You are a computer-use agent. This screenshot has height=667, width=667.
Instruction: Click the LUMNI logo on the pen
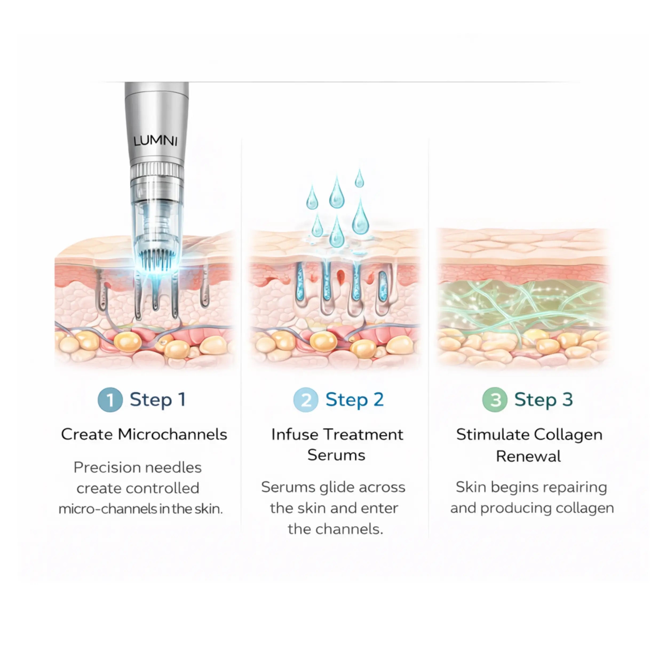(155, 141)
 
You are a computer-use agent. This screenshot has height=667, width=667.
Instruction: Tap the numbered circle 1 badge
(110, 400)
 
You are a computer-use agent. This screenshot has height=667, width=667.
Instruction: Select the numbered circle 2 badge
(305, 400)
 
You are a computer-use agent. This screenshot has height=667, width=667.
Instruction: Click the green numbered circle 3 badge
(494, 400)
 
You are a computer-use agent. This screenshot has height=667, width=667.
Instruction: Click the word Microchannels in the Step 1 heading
(172, 434)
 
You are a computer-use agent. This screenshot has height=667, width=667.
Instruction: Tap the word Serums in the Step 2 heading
(336, 455)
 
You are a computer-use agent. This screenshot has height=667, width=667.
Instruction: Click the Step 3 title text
(543, 400)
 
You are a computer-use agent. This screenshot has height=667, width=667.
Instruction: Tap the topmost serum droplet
(359, 178)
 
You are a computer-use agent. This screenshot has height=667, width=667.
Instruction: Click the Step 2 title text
(355, 400)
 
